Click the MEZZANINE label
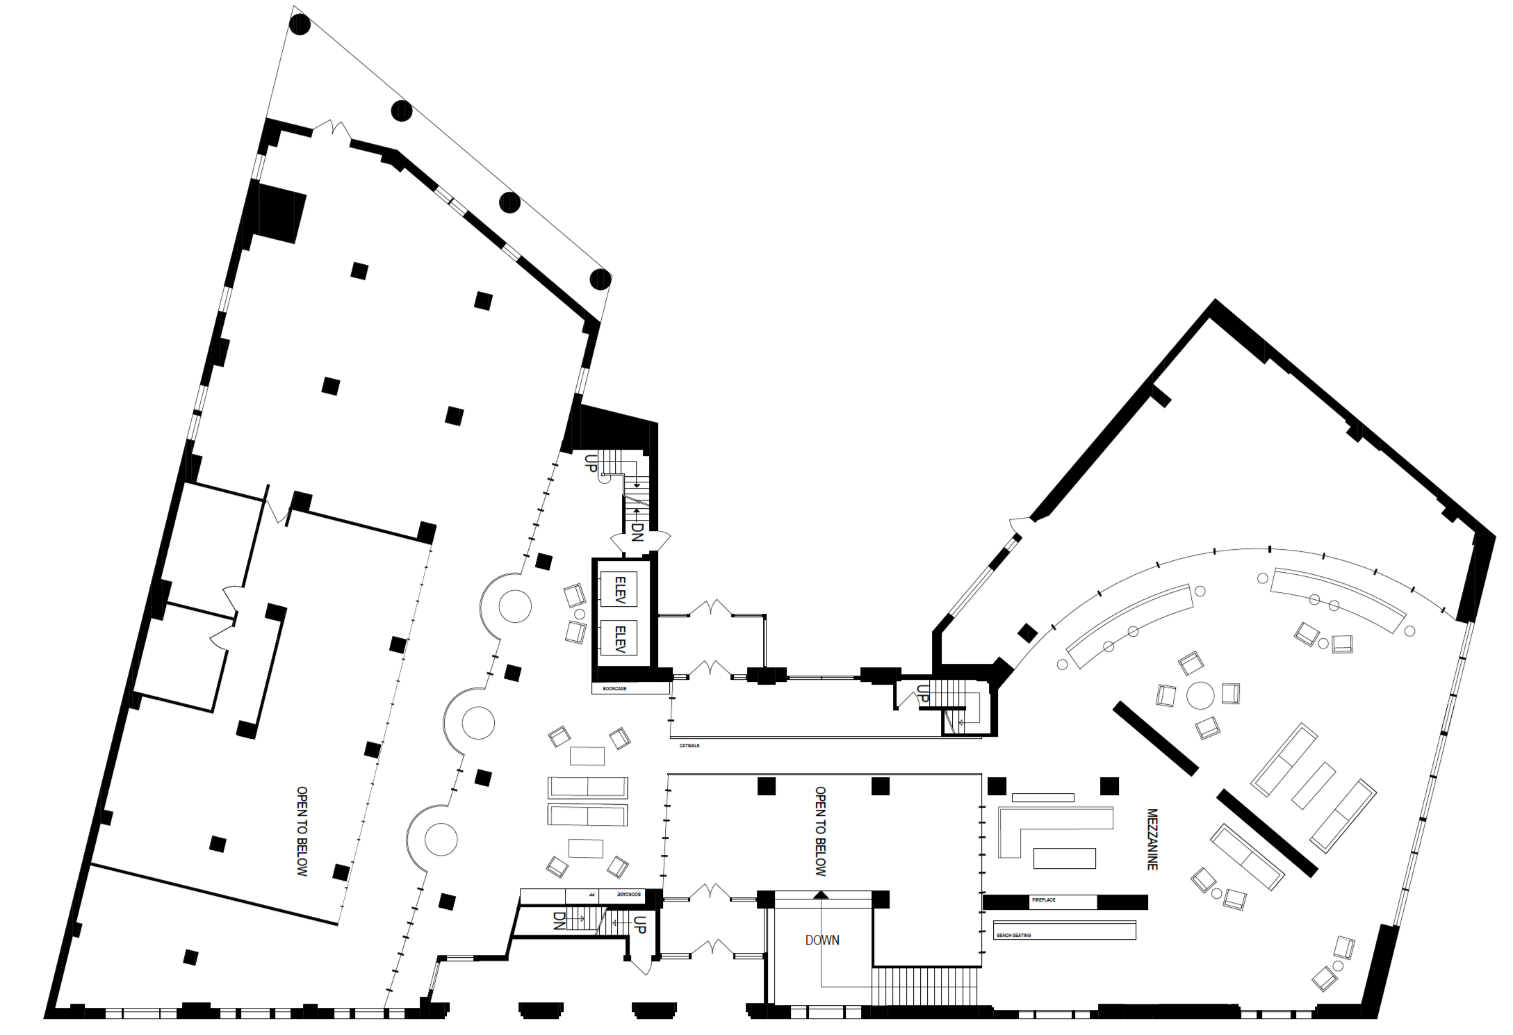click(x=1152, y=839)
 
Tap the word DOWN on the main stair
click(x=822, y=940)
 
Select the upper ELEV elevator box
click(x=619, y=589)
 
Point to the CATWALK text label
click(x=689, y=746)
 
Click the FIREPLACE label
click(x=1043, y=900)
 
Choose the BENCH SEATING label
click(x=1014, y=936)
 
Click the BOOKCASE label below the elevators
click(x=614, y=689)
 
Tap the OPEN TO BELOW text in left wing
click(x=302, y=831)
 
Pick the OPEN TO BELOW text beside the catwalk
click(x=821, y=831)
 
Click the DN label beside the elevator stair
click(x=637, y=532)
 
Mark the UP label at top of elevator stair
click(x=591, y=463)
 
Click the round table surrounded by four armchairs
click(x=1200, y=695)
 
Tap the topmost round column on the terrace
click(x=300, y=25)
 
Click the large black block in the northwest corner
click(x=280, y=212)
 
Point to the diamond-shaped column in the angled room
click(x=1027, y=633)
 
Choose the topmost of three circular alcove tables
click(x=515, y=606)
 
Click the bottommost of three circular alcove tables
click(x=441, y=840)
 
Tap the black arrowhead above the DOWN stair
click(x=821, y=894)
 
